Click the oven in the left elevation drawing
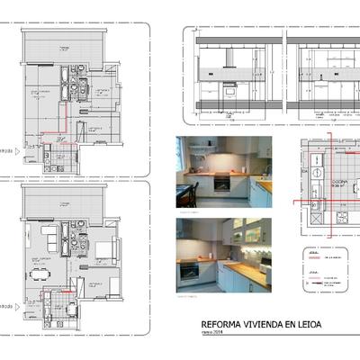(x=229, y=91)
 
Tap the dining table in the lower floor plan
(x=40, y=270)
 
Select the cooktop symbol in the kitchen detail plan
(x=317, y=167)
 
